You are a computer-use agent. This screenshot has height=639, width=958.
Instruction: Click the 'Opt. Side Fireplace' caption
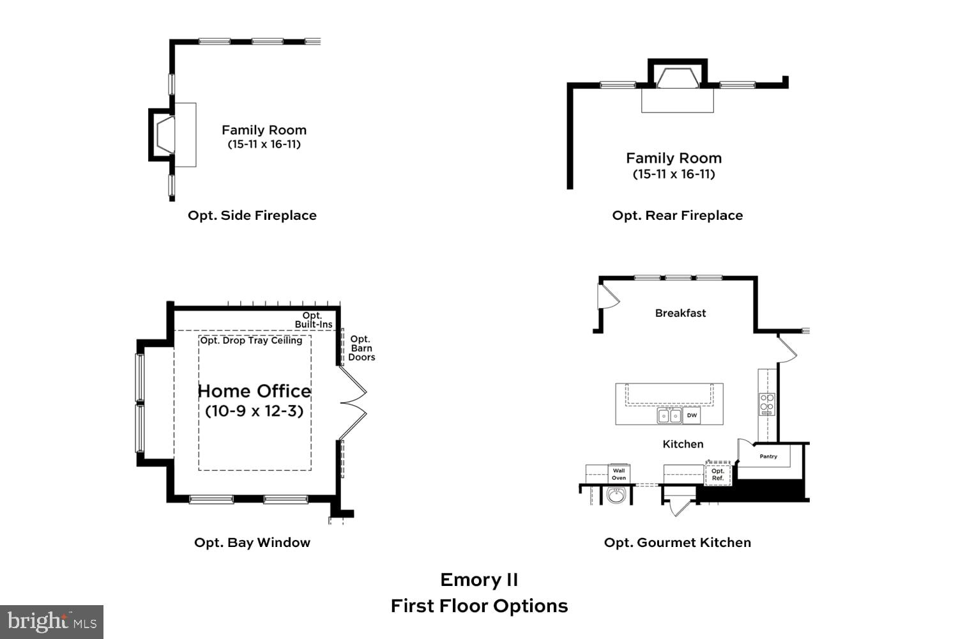click(252, 215)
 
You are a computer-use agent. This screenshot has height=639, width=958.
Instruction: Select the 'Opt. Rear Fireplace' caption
click(677, 215)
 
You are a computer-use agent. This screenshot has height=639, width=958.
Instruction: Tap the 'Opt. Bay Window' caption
click(252, 543)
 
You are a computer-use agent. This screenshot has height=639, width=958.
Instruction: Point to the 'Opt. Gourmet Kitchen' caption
click(677, 543)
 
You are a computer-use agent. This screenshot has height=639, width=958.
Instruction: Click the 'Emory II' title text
click(479, 580)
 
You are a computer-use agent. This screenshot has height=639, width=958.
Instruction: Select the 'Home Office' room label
click(254, 391)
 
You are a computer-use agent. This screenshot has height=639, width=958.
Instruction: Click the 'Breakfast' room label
click(680, 313)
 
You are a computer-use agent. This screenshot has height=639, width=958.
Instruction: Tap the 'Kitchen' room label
click(683, 444)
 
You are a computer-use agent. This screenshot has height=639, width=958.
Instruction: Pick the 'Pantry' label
click(768, 456)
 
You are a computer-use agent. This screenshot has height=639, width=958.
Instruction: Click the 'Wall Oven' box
click(618, 474)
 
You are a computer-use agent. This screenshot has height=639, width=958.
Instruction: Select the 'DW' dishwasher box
click(692, 415)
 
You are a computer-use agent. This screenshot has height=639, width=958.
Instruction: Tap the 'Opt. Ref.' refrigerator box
click(718, 474)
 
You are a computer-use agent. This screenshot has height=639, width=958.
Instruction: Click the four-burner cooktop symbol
click(766, 404)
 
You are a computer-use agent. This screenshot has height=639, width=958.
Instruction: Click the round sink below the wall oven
click(616, 495)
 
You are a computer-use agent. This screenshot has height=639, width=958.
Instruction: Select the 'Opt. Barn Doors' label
click(361, 348)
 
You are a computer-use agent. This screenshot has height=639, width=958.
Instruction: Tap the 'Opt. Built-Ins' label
click(313, 320)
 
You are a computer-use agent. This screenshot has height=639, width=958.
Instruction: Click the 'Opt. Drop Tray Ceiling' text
click(251, 341)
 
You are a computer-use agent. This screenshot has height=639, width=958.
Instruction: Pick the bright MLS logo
click(52, 622)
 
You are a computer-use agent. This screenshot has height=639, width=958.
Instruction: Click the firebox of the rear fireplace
click(677, 78)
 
